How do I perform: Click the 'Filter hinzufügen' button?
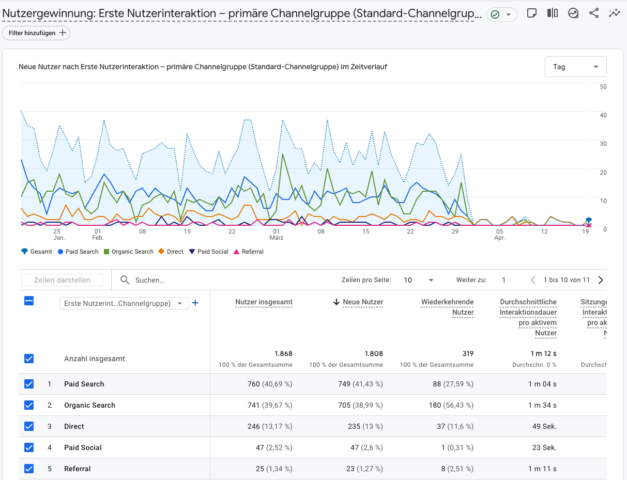tap(36, 33)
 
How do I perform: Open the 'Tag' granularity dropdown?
tap(575, 67)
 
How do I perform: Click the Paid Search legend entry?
tap(78, 252)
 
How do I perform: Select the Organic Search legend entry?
tap(129, 252)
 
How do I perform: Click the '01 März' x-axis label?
tap(277, 235)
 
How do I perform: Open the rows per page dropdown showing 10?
tap(419, 280)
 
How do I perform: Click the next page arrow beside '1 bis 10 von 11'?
tap(600, 280)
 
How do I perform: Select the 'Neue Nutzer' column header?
tap(362, 302)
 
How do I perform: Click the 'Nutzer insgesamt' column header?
tap(264, 302)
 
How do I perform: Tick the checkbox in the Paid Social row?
tap(29, 447)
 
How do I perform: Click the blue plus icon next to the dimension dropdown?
tap(195, 303)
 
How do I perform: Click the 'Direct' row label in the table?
tap(74, 426)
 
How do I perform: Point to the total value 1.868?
tap(283, 354)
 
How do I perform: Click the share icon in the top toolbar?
tap(594, 13)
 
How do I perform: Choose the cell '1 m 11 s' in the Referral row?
tap(542, 469)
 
